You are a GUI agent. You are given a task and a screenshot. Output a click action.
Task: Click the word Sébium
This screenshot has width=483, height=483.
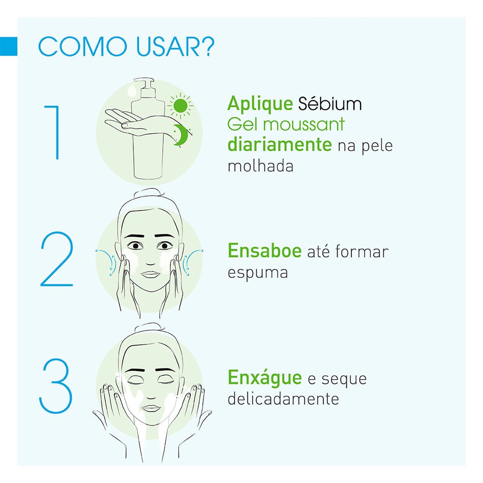point(323,104)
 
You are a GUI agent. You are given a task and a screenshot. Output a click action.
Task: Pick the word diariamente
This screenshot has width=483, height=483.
point(279,144)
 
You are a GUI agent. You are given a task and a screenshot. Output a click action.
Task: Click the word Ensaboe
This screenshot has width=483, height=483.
point(264,251)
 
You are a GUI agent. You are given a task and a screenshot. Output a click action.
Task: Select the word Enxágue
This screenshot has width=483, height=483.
point(264,378)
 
